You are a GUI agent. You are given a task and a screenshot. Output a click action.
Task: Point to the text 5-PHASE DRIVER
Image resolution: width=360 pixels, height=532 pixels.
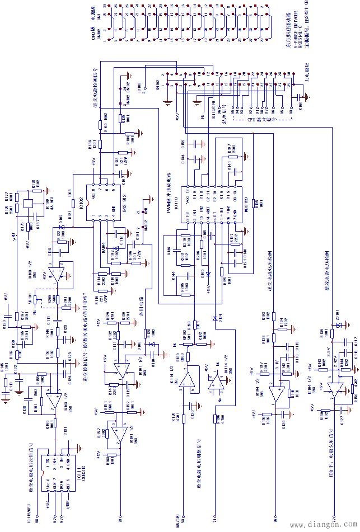(293, 37)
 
